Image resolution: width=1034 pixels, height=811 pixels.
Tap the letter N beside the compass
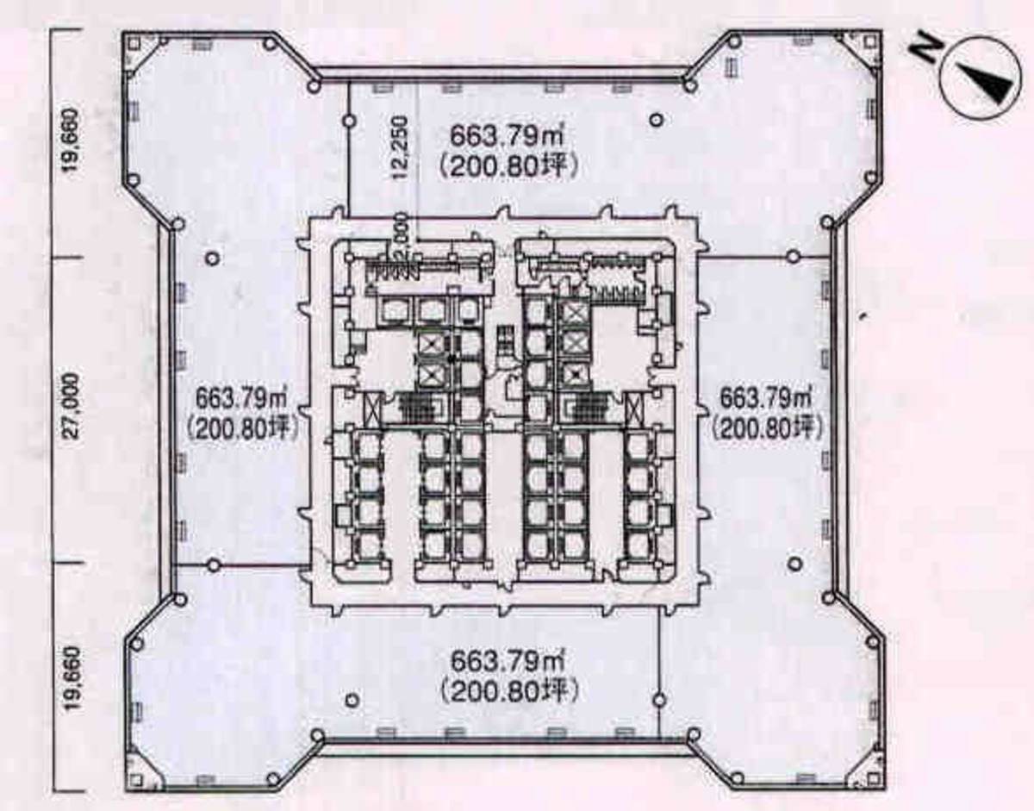(925, 49)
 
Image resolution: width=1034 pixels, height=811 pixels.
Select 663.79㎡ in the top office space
(508, 137)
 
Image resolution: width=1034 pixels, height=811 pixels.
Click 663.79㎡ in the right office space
(766, 398)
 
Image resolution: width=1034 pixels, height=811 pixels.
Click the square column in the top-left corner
(134, 44)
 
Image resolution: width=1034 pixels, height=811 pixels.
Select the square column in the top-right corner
(872, 44)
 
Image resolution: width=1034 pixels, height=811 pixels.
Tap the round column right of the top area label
(657, 120)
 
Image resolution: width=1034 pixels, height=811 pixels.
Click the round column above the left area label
(213, 259)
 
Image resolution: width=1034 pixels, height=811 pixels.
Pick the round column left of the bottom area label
(352, 700)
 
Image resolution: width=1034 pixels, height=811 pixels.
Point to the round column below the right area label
(795, 564)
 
